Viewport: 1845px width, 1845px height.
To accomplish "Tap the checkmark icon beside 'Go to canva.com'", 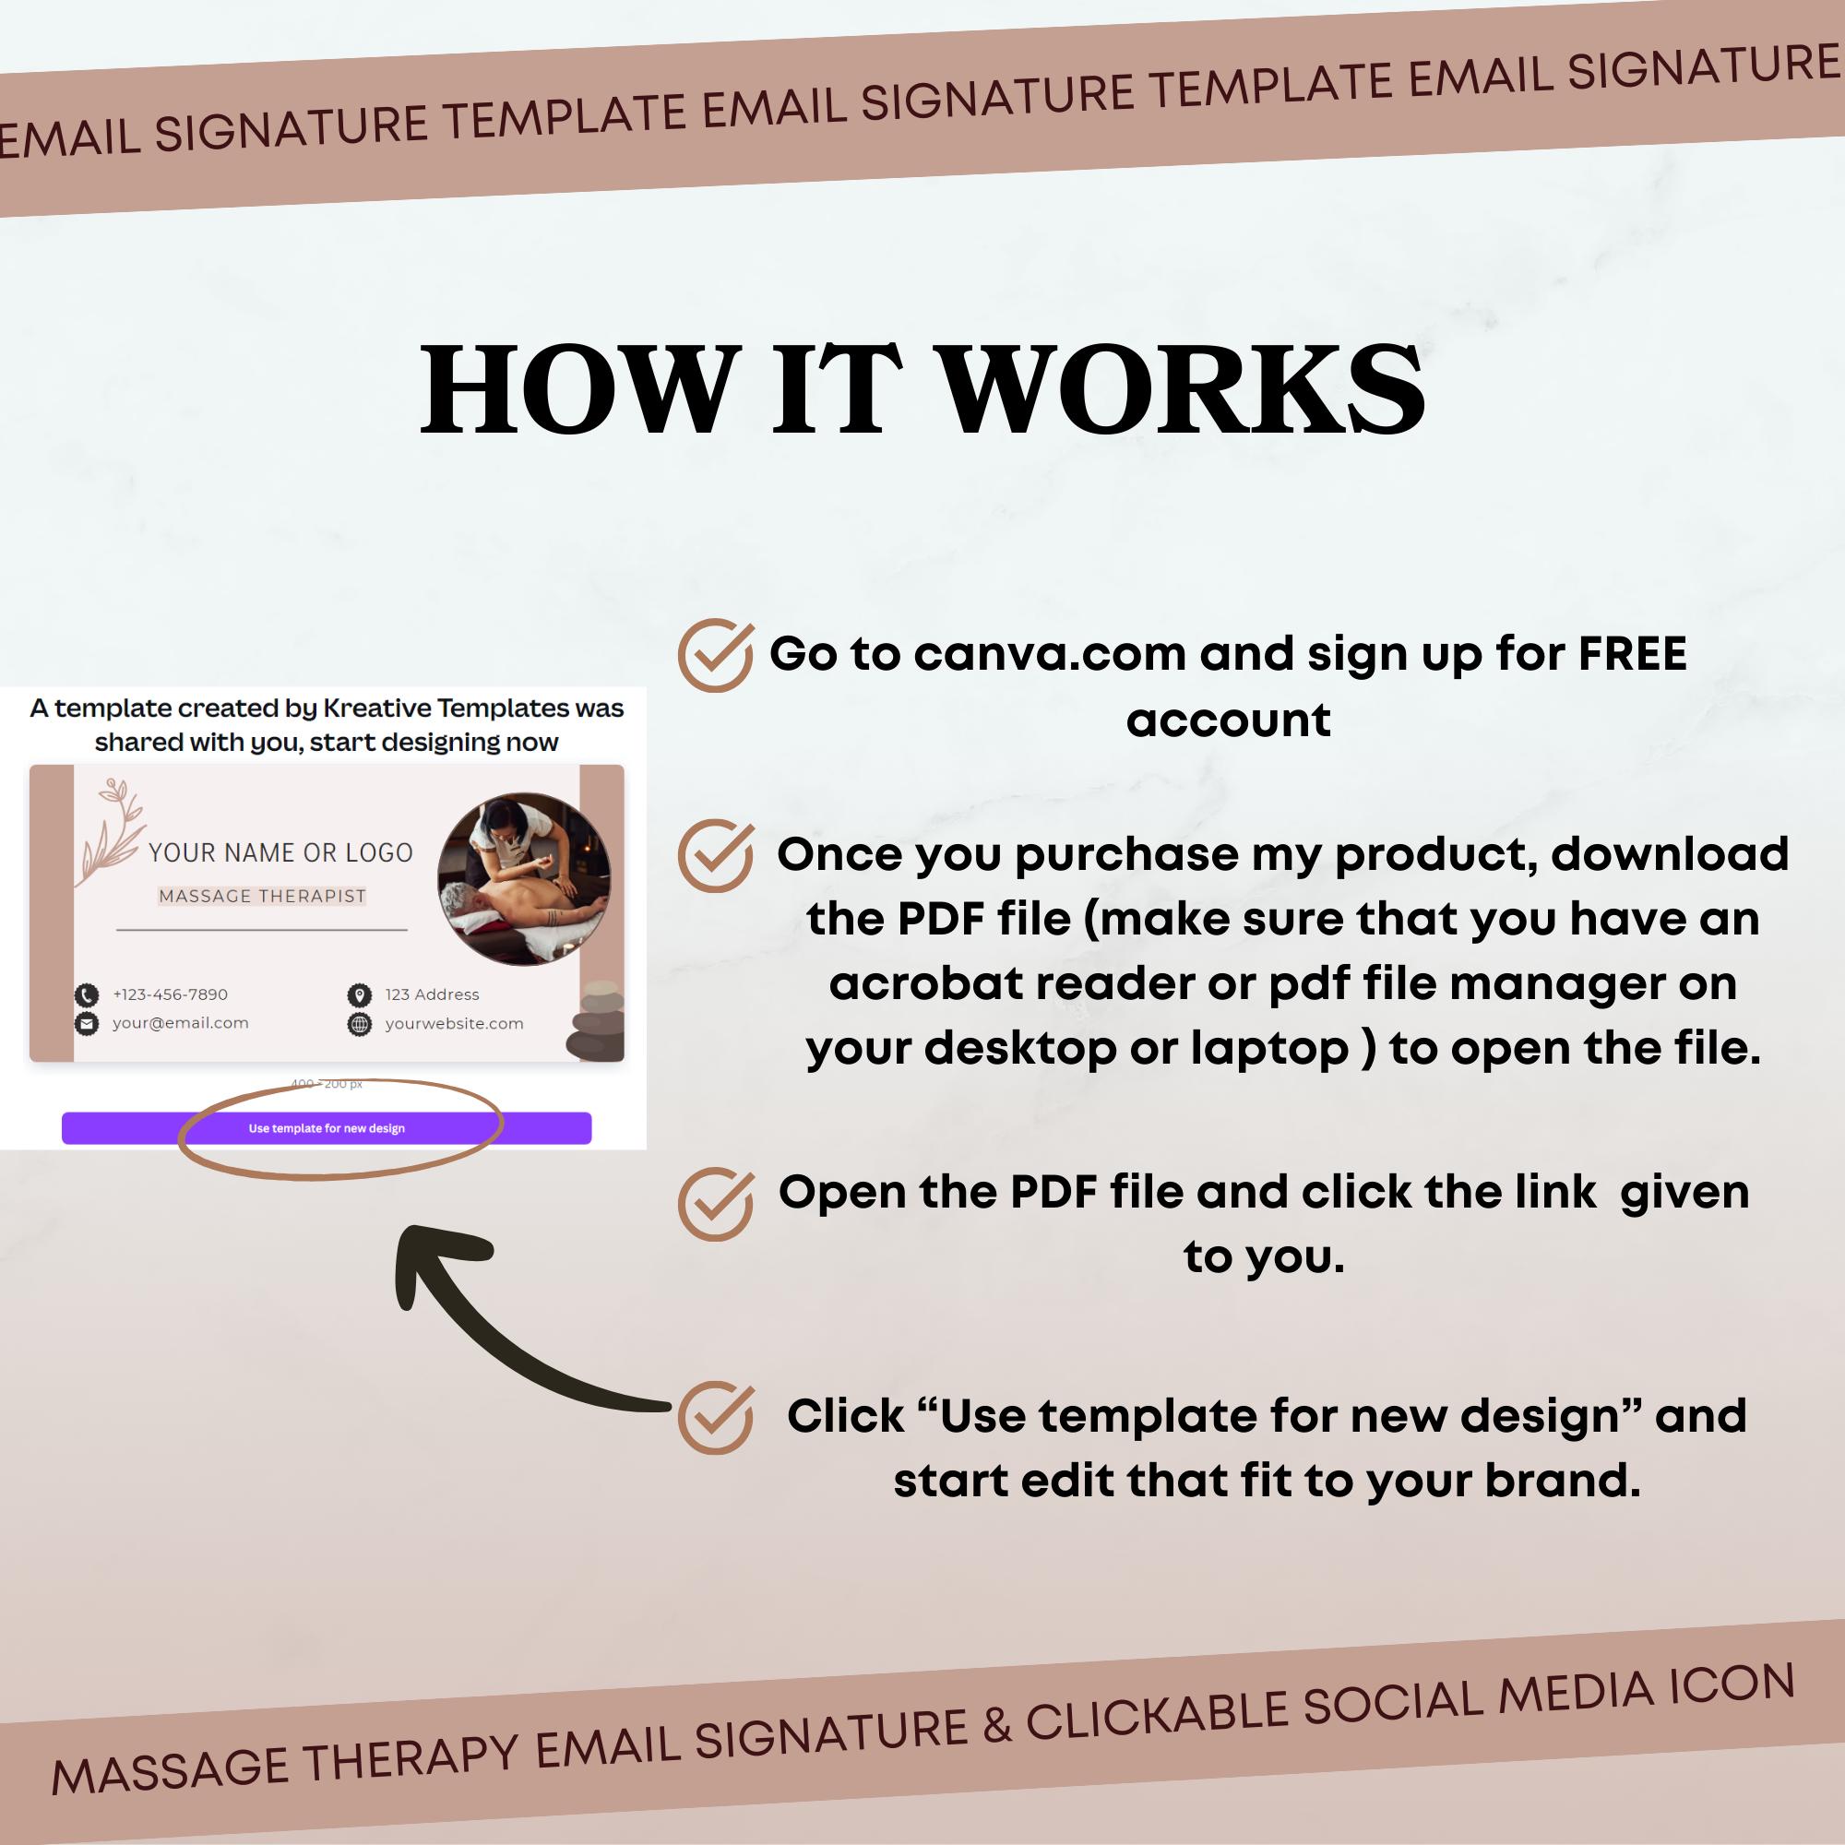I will click(x=714, y=655).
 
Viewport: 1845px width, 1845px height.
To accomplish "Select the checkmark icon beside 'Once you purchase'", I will click(x=714, y=856).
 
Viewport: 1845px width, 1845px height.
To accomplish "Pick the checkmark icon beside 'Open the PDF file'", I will click(x=714, y=1203).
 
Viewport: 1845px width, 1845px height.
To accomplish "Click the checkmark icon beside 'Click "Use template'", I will click(x=714, y=1417).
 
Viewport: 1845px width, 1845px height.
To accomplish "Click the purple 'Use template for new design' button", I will click(x=327, y=1128).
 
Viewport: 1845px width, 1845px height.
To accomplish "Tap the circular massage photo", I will click(x=523, y=878).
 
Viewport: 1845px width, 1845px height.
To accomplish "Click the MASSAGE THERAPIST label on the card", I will click(x=262, y=896).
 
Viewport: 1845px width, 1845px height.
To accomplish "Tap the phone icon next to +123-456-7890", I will click(x=87, y=995).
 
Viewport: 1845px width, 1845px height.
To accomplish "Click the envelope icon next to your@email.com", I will click(x=87, y=1024).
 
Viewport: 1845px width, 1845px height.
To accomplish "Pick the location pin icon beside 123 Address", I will click(x=359, y=995).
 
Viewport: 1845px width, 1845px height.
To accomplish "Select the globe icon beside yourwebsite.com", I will click(x=359, y=1025).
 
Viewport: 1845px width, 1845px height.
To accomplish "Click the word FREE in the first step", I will click(x=1632, y=655).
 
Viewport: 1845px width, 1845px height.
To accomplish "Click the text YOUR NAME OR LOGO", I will click(x=280, y=852).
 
